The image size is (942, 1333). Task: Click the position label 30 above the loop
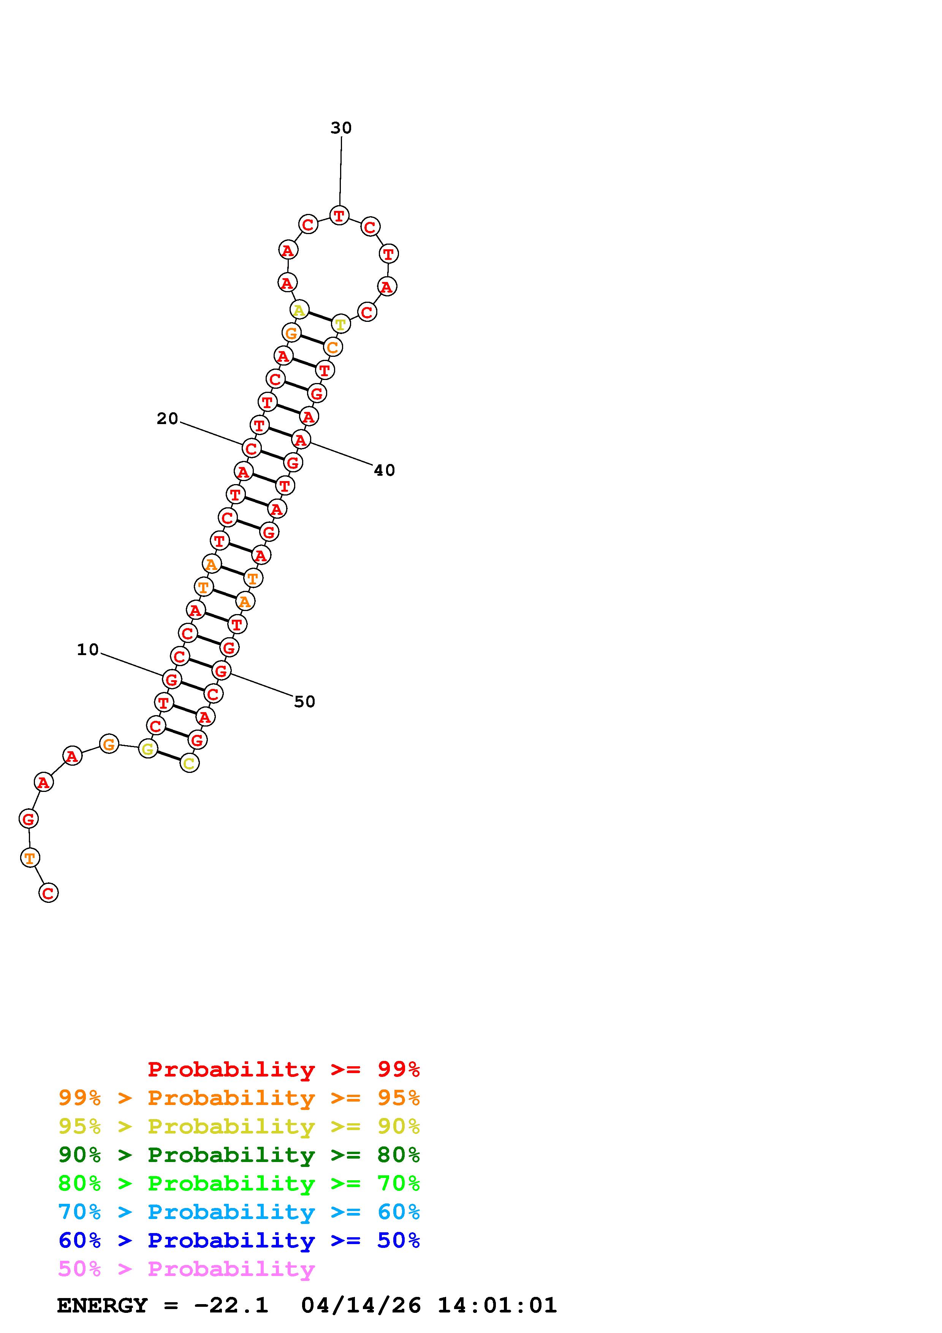341,128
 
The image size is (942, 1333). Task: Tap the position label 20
167,419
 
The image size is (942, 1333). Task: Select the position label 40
384,470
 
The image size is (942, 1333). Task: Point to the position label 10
88,650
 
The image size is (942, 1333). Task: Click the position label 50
305,702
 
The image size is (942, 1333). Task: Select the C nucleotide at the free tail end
48,893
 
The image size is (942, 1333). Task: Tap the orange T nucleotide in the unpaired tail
30,858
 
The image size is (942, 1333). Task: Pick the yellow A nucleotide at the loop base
299,310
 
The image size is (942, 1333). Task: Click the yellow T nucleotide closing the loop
341,324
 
